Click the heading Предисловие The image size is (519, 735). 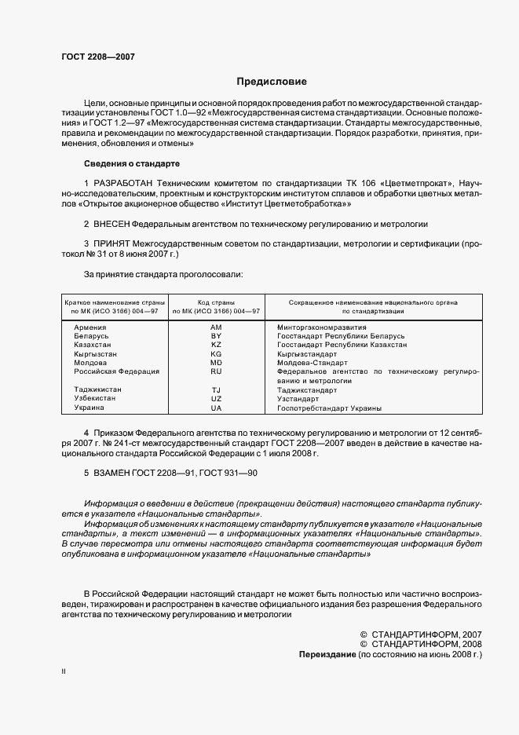pos(272,82)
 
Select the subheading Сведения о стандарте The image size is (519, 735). pos(131,163)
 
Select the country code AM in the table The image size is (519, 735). pos(217,326)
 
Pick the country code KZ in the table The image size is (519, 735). pos(217,345)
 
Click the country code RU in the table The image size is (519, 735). pos(217,371)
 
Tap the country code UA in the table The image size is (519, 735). pos(217,408)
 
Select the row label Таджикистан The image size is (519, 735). pos(98,390)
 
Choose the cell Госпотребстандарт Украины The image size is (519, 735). pos(330,408)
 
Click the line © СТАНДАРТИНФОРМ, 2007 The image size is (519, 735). pos(420,634)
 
